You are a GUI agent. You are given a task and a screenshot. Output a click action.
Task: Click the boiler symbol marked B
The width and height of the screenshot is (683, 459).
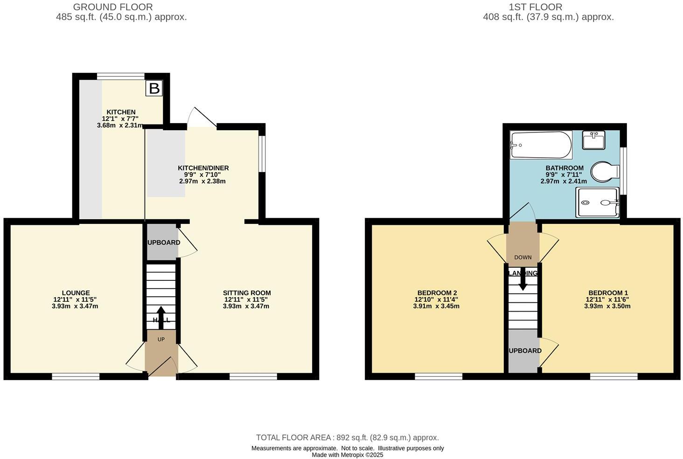[x=154, y=88]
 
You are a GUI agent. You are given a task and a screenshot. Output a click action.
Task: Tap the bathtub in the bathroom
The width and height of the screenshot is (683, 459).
[x=541, y=145]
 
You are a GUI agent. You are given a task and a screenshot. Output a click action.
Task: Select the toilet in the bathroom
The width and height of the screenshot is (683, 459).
[x=605, y=172]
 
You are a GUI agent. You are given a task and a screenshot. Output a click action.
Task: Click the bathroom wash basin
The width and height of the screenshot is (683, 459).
[x=594, y=139]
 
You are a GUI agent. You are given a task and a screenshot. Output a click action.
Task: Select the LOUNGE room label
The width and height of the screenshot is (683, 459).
[x=76, y=293]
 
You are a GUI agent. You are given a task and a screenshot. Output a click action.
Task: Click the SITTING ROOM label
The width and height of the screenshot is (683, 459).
[x=247, y=293]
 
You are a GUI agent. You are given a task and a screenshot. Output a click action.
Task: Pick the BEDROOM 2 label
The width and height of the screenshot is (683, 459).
[x=436, y=293]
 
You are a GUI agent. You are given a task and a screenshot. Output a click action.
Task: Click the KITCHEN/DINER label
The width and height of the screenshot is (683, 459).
[x=203, y=168]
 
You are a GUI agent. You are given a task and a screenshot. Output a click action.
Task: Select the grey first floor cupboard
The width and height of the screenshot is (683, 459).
[x=523, y=351]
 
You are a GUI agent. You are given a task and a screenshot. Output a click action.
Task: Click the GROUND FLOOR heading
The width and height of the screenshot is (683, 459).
[x=113, y=7]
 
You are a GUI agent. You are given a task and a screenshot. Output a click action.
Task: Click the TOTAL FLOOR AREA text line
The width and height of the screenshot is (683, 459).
[x=348, y=438]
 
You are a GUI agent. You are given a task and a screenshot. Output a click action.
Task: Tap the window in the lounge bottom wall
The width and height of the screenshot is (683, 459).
[x=76, y=376]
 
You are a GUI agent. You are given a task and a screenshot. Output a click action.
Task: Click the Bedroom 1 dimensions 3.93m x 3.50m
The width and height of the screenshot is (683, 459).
[x=607, y=306]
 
